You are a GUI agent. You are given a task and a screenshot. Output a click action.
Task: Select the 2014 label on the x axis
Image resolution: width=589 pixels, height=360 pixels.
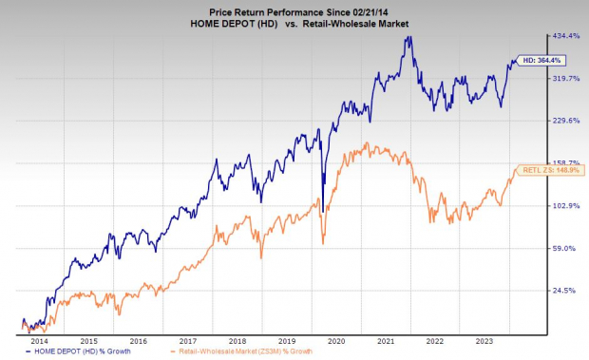tap(39, 339)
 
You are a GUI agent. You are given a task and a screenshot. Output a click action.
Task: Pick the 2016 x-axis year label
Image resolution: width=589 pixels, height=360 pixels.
tap(138, 339)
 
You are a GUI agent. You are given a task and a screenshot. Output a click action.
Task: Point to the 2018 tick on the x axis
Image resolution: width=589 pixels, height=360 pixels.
tap(237, 339)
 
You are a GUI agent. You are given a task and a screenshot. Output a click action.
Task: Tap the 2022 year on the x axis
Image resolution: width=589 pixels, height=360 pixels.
tap(434, 339)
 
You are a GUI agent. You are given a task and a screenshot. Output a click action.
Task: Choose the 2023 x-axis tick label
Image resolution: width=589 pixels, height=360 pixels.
tap(484, 339)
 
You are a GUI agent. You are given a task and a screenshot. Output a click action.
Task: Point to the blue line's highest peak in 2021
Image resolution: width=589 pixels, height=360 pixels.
tap(408, 37)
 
